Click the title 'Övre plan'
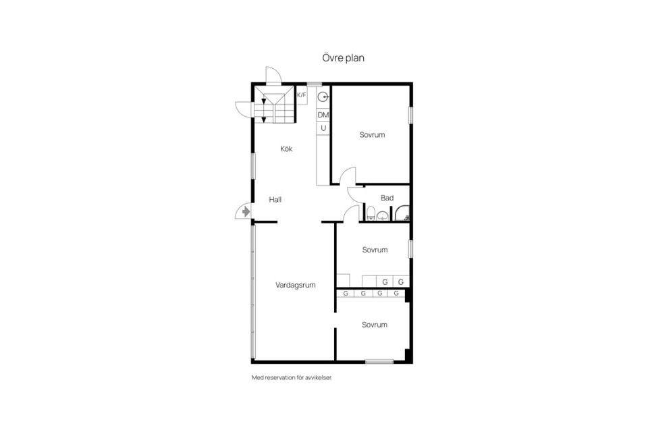click(x=343, y=57)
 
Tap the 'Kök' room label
click(x=286, y=148)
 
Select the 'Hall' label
click(x=275, y=200)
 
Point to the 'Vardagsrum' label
click(x=296, y=285)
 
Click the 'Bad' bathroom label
click(x=387, y=198)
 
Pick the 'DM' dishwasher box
click(x=323, y=115)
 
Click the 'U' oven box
click(x=323, y=128)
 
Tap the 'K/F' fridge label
click(x=302, y=95)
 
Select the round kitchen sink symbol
click(x=323, y=97)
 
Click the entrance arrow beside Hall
click(x=246, y=212)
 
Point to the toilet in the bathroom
click(x=371, y=213)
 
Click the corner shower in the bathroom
click(x=401, y=213)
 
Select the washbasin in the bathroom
click(x=383, y=215)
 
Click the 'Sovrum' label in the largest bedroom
click(x=372, y=135)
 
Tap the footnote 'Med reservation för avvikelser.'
click(x=292, y=377)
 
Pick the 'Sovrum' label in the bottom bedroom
click(x=375, y=325)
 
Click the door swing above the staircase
click(x=274, y=75)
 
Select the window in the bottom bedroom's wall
click(x=379, y=362)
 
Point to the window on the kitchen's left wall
click(x=254, y=166)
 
